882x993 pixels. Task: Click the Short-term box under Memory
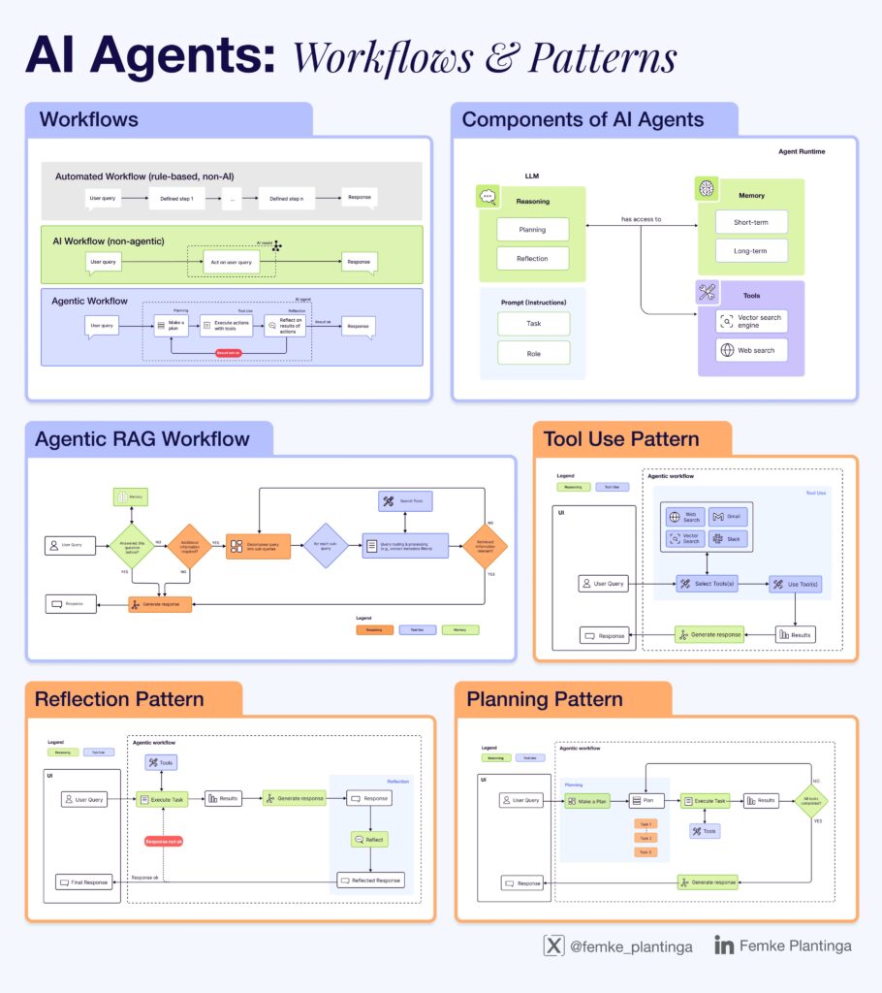(751, 222)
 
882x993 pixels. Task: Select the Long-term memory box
(751, 250)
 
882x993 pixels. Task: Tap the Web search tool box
(751, 350)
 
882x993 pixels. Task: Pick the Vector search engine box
(751, 321)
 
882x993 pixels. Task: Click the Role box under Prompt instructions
(533, 352)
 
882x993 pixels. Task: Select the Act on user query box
(232, 263)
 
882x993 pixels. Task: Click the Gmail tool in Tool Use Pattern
(728, 516)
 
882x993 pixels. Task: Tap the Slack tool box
(728, 538)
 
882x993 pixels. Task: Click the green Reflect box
(369, 839)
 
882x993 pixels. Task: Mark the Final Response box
(85, 881)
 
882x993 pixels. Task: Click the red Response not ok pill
(170, 841)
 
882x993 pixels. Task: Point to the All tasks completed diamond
(810, 801)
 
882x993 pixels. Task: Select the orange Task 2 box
(646, 837)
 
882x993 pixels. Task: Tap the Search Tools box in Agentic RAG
(405, 501)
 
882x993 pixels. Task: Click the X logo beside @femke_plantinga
(553, 945)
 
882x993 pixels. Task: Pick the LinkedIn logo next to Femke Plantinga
(723, 945)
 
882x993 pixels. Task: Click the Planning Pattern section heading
(544, 699)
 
